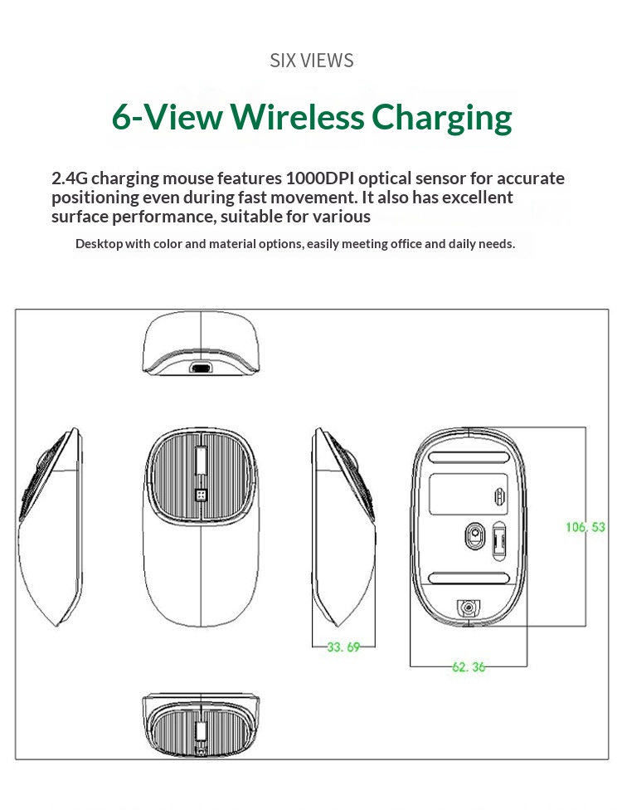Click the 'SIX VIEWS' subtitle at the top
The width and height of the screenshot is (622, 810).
point(312,61)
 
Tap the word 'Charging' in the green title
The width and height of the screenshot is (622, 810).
point(441,117)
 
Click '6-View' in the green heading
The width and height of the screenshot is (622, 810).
point(168,117)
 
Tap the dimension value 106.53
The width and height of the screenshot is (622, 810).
point(586,527)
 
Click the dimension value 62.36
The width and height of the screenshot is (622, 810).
point(469,666)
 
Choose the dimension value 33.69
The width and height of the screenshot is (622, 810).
point(343,647)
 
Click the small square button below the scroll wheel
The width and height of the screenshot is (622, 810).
point(200,495)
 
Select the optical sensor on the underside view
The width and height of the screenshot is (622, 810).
point(474,536)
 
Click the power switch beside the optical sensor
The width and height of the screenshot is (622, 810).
point(499,541)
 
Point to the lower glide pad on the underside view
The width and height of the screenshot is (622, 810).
point(469,578)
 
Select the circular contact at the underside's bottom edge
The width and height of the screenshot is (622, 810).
point(469,609)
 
